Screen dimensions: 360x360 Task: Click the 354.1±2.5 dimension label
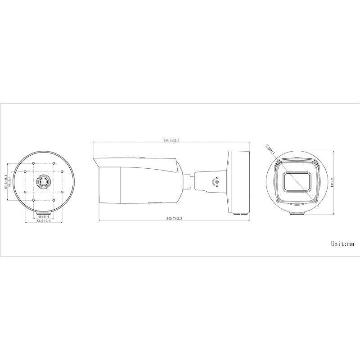point(171,140)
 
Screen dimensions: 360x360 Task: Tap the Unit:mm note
point(343,243)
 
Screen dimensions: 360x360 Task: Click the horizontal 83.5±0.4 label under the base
point(44,221)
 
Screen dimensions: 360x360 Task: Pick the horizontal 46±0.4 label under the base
point(44,216)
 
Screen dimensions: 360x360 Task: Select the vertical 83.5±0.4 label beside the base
point(6,182)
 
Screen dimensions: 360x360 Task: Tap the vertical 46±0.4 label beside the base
point(10,182)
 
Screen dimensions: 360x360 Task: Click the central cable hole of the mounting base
point(44,182)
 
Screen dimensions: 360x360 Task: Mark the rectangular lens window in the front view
point(296,182)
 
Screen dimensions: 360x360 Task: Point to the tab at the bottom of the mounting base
point(44,211)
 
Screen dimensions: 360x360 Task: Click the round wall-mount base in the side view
point(239,182)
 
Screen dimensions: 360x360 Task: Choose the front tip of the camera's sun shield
point(94,159)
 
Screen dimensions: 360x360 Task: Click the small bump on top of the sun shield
point(142,157)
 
